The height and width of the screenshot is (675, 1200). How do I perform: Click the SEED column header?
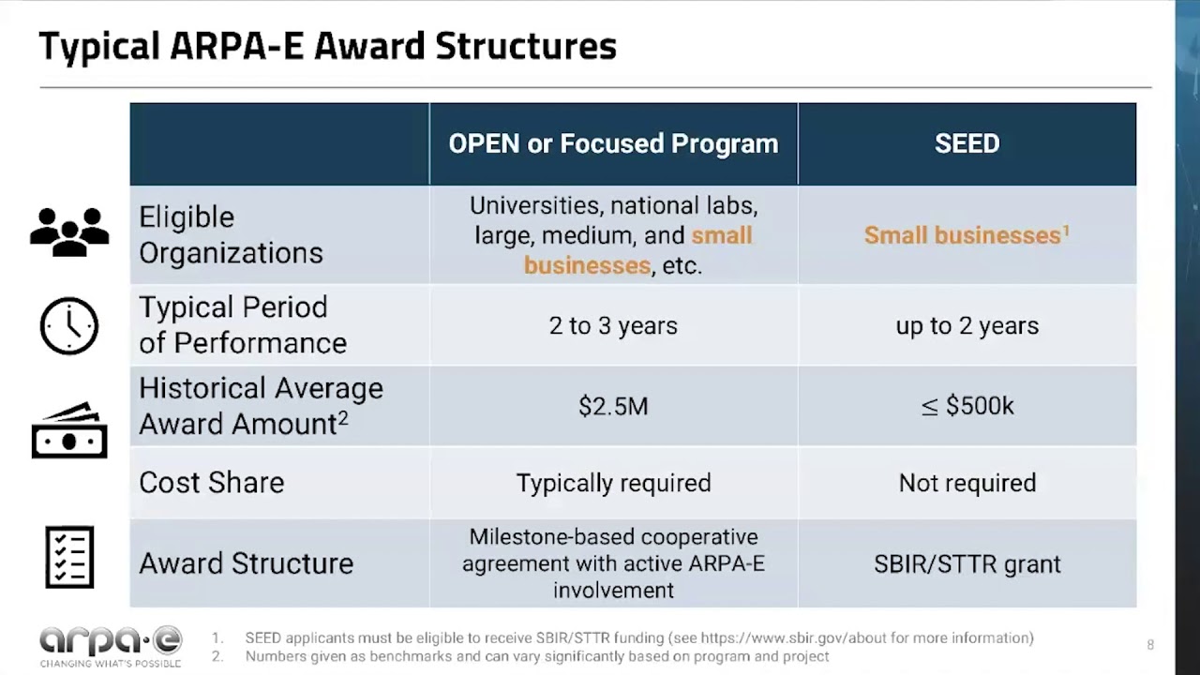tap(967, 143)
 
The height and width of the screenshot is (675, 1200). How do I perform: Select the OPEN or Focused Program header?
tap(613, 143)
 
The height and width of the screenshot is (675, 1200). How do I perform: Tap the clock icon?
tap(69, 325)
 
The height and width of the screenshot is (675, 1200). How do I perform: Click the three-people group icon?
tap(69, 232)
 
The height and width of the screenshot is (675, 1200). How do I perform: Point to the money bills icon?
tap(69, 430)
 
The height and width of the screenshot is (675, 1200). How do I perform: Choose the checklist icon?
tap(69, 557)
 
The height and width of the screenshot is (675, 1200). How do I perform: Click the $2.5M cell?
tap(613, 406)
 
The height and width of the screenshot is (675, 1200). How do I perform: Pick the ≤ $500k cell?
tap(967, 406)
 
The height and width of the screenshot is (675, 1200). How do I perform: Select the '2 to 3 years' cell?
tap(613, 325)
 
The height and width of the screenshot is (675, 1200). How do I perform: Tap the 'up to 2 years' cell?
tap(967, 325)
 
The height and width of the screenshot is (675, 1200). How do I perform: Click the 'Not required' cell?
tap(967, 483)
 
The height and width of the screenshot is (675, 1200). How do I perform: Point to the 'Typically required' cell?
tap(613, 483)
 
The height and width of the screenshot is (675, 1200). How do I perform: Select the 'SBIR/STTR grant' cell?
tap(967, 563)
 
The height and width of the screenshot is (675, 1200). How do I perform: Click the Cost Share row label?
tap(212, 482)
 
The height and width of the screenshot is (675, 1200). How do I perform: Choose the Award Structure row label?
tap(247, 563)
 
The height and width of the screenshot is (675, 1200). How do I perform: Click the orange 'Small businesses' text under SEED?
tap(963, 235)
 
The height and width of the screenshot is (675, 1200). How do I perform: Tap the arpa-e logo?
tap(111, 646)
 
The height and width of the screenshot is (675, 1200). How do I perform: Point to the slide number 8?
tap(1150, 644)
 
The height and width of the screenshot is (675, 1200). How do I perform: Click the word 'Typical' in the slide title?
tap(99, 47)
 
